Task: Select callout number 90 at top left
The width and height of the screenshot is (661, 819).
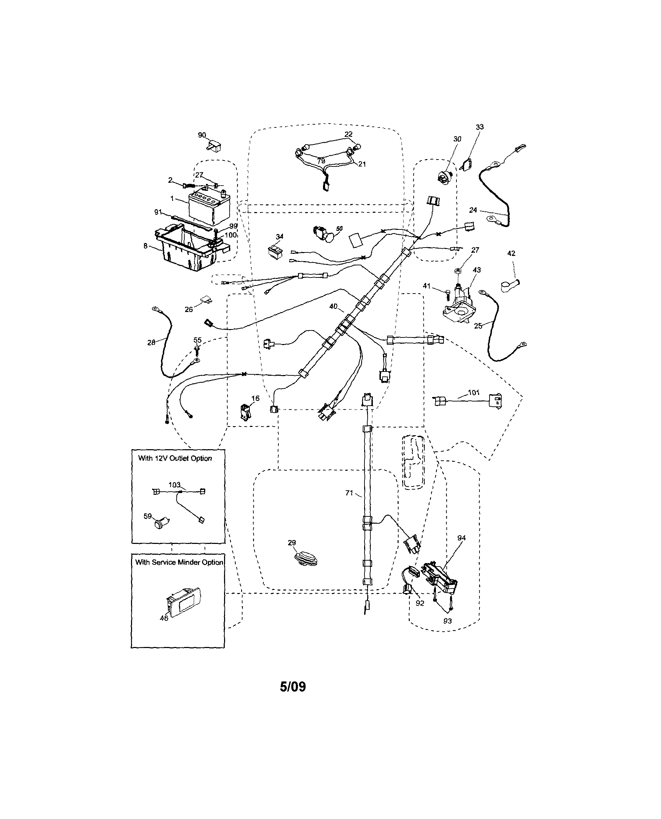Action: point(202,135)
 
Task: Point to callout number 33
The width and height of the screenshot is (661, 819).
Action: point(480,127)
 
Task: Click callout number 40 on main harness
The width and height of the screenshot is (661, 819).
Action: point(333,306)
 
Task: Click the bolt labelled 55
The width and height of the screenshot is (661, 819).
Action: point(197,350)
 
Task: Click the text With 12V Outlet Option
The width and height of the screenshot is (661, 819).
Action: point(175,458)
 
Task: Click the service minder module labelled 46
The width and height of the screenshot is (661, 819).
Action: point(183,603)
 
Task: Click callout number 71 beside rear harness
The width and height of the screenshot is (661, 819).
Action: point(349,493)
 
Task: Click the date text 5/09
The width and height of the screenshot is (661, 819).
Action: point(293,687)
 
